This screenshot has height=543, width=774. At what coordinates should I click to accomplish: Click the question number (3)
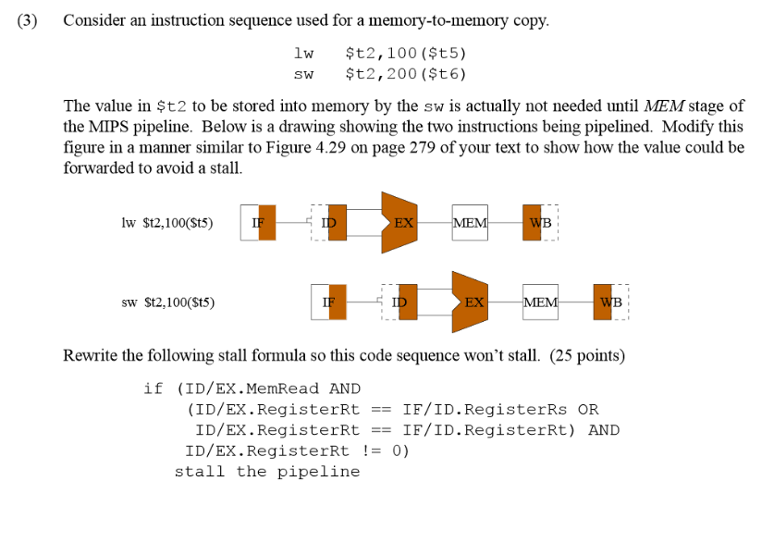click(x=28, y=21)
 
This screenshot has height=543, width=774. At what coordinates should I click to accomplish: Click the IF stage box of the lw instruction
click(x=258, y=223)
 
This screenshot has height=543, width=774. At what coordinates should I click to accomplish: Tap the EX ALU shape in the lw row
click(x=401, y=223)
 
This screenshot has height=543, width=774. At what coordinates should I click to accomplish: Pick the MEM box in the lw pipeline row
click(x=470, y=223)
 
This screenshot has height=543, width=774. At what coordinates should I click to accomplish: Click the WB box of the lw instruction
click(x=540, y=223)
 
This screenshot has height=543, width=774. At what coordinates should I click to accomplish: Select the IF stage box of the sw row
click(x=328, y=302)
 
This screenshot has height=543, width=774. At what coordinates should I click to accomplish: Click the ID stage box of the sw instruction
click(x=399, y=302)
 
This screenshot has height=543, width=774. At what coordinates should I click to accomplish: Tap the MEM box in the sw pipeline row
click(x=541, y=302)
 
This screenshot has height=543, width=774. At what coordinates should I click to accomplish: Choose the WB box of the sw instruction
click(x=610, y=302)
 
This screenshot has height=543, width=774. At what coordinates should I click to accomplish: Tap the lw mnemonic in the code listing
click(x=302, y=54)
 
